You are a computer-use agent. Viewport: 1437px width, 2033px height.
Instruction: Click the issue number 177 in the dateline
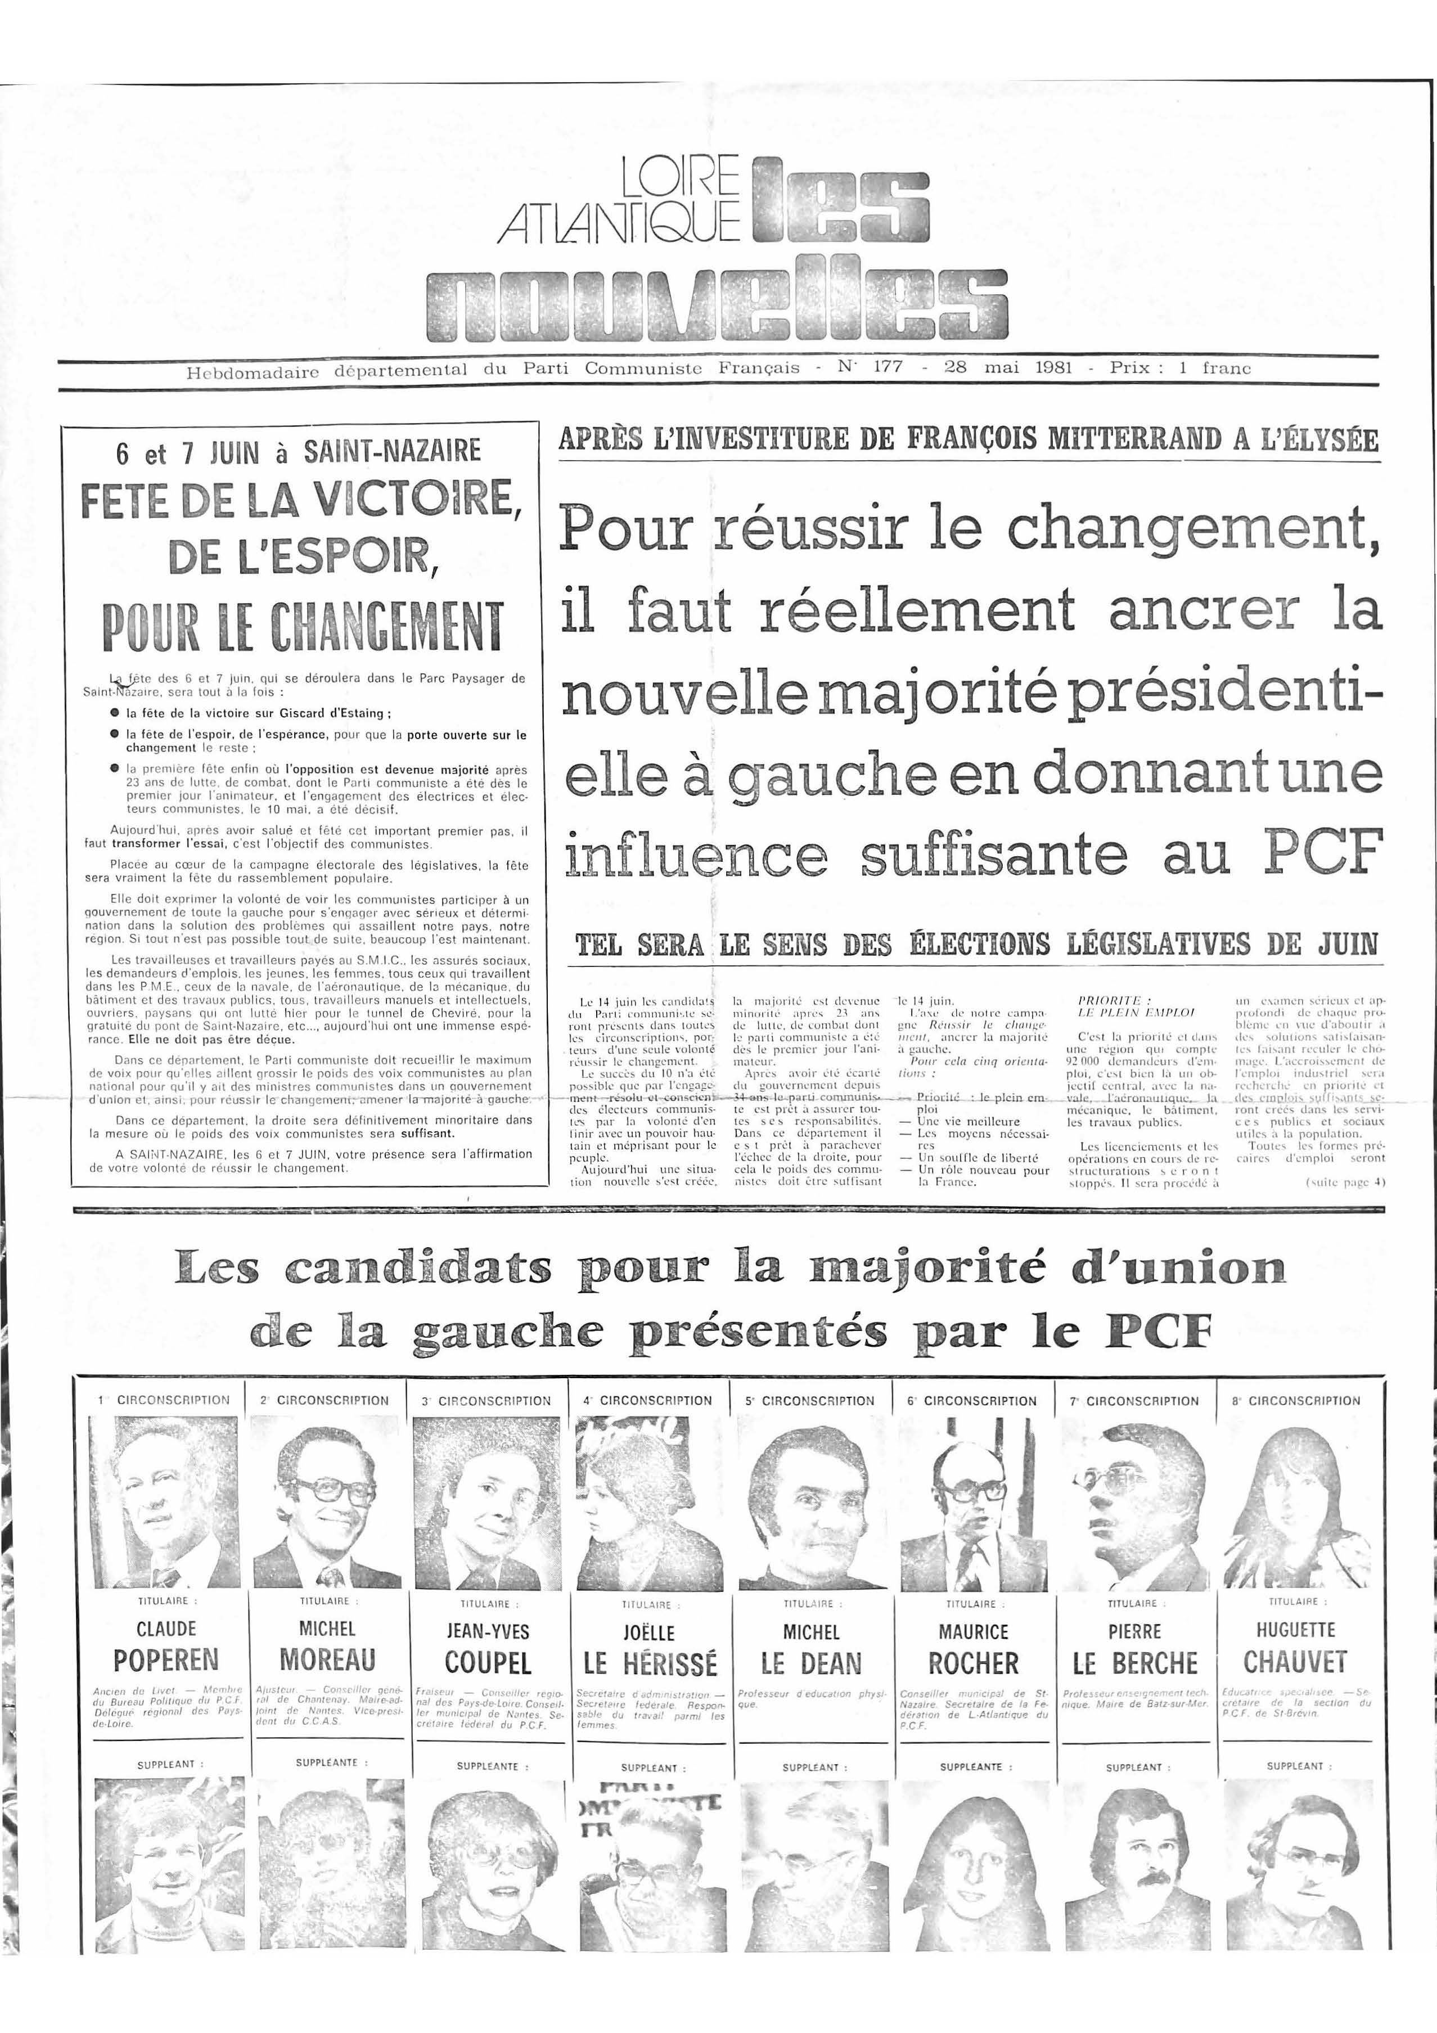click(x=887, y=367)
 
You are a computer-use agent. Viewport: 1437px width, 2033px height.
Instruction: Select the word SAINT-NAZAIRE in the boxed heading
click(x=392, y=452)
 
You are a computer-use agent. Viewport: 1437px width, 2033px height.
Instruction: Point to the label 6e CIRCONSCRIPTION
click(x=972, y=1401)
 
